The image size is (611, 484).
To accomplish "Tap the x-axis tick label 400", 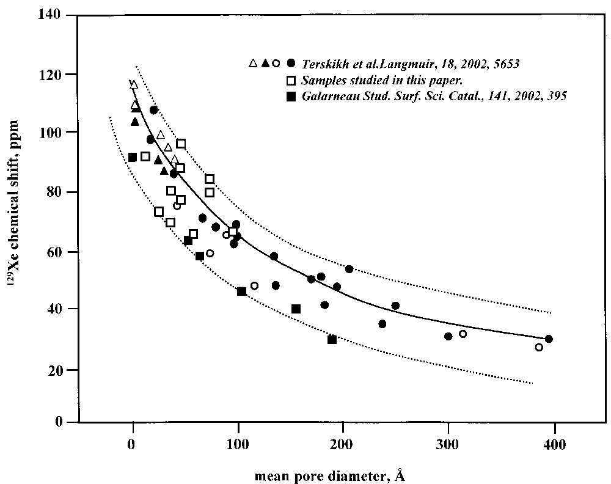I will tap(554, 444).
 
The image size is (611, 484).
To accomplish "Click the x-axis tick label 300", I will tap(448, 444).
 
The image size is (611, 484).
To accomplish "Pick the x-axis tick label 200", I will tap(343, 444).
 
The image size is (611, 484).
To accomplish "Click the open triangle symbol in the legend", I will tap(253, 63).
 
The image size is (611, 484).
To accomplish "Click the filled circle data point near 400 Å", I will tap(549, 339).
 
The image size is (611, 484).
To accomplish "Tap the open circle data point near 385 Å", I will tap(539, 347).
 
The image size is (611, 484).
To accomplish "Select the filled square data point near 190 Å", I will tap(332, 339).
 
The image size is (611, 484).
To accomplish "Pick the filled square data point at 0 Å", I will tap(133, 157).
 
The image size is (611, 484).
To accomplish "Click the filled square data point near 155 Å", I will tap(296, 309).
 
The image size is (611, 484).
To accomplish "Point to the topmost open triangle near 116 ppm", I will tap(134, 84).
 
